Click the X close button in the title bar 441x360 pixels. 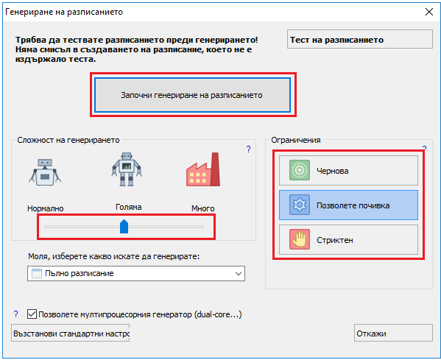pyautogui.click(x=429, y=12)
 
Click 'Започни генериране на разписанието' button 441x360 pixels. pyautogui.click(x=193, y=95)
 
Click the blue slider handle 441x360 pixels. pyautogui.click(x=124, y=227)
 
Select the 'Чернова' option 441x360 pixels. pyautogui.click(x=348, y=171)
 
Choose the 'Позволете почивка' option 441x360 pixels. pyautogui.click(x=348, y=205)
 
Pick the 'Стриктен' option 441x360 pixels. pyautogui.click(x=348, y=239)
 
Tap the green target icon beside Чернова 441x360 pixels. pyautogui.click(x=300, y=170)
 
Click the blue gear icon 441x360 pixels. pyautogui.click(x=300, y=205)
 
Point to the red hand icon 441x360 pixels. pyautogui.click(x=300, y=239)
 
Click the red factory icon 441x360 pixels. pyautogui.click(x=203, y=169)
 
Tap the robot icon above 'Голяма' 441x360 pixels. pyautogui.click(x=127, y=169)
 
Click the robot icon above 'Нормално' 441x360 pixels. pyautogui.click(x=45, y=172)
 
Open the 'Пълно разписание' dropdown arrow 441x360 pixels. pyautogui.click(x=239, y=273)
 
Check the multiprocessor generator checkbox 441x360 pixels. pyautogui.click(x=32, y=314)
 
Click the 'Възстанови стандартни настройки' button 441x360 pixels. pyautogui.click(x=71, y=333)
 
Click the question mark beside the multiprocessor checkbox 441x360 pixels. pyautogui.click(x=15, y=314)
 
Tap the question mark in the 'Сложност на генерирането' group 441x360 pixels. pyautogui.click(x=248, y=149)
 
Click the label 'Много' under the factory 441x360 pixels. pyautogui.click(x=202, y=208)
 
